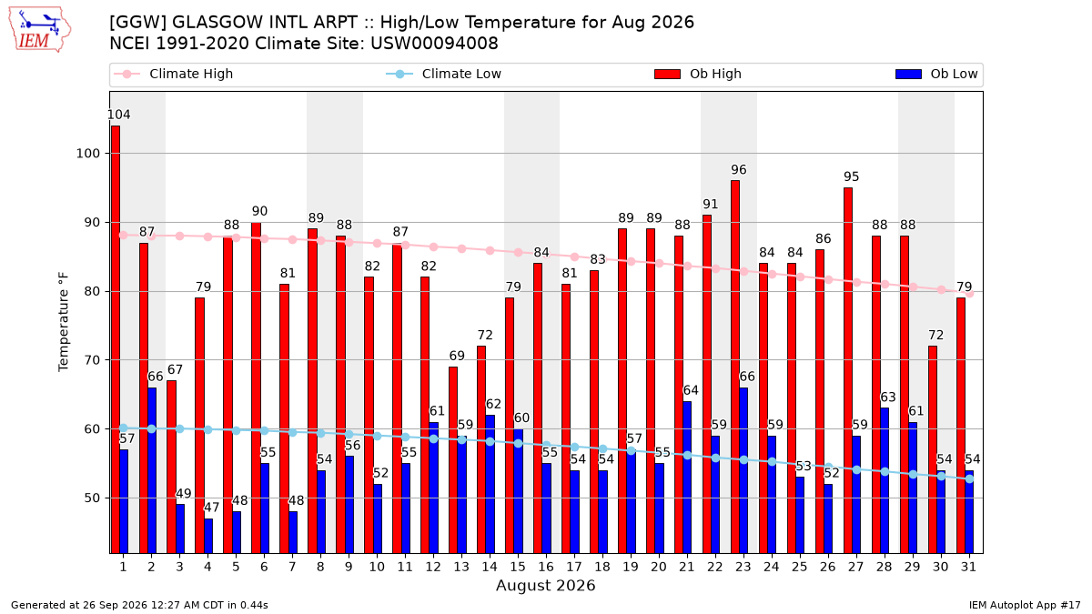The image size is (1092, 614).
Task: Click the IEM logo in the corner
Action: (40, 30)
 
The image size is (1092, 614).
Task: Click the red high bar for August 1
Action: (116, 339)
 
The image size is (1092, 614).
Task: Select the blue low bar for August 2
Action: (152, 470)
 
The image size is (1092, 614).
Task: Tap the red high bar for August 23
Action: (735, 367)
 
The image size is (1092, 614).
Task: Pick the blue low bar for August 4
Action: (208, 536)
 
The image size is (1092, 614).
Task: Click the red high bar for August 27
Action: (848, 370)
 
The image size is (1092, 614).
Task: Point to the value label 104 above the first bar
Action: (118, 115)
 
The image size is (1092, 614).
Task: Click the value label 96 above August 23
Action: (739, 169)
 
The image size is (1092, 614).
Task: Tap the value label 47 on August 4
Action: (211, 508)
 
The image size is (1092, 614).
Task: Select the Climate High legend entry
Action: (174, 74)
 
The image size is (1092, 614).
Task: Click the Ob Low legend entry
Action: (936, 74)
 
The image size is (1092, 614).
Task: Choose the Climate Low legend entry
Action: (444, 74)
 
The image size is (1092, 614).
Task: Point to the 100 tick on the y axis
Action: (87, 154)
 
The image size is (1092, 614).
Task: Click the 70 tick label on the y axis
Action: (92, 360)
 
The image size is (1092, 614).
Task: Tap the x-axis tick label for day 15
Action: (518, 567)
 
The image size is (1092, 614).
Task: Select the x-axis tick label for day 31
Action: (968, 567)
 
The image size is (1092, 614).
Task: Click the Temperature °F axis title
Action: (64, 322)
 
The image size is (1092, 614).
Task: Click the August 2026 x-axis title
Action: (545, 585)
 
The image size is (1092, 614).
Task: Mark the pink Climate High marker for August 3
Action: (180, 236)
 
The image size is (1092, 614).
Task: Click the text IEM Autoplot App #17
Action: (1025, 605)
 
